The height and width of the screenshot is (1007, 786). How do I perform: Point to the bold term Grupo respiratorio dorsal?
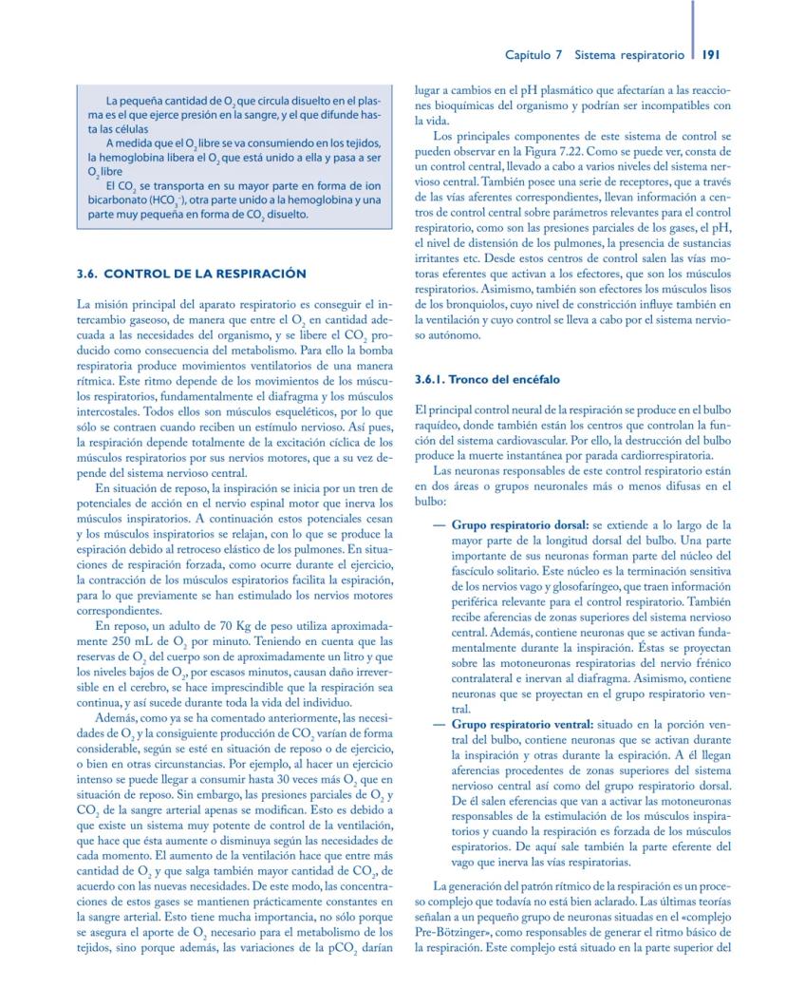519,523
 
